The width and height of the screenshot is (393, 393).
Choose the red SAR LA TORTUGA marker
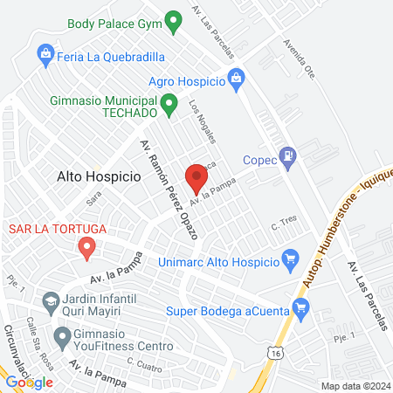point(86,249)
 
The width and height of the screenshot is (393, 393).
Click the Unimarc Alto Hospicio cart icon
point(292,259)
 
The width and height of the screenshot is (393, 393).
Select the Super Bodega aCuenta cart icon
point(301,307)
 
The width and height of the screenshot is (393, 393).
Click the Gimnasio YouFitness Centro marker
point(61,336)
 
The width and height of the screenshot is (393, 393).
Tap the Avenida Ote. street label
point(299,57)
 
